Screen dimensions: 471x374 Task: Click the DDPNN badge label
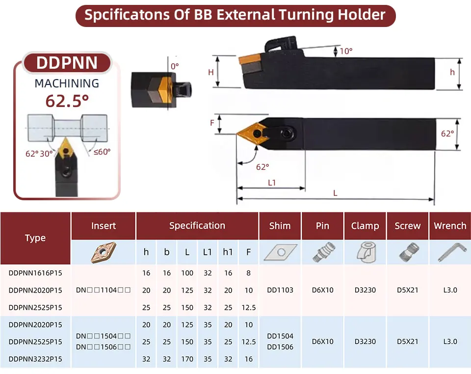tap(67, 63)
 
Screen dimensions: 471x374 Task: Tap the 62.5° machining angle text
tap(67, 101)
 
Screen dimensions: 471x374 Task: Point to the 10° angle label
tap(346, 51)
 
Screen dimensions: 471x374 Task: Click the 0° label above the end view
tap(175, 66)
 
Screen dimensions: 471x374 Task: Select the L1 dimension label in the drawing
tap(272, 183)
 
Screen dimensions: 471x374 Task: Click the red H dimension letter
tap(211, 73)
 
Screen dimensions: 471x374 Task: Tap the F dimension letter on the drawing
tap(212, 123)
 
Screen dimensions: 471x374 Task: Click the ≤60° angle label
tap(102, 152)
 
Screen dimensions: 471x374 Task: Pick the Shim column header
tap(280, 226)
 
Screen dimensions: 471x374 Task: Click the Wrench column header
tap(450, 226)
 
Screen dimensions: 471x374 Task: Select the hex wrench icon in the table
tap(452, 252)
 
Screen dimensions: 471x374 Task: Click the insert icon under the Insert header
tap(104, 252)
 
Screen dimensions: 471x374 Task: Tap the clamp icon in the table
tap(365, 252)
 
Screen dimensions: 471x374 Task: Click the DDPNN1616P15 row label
tap(35, 273)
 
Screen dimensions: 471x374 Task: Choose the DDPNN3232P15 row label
tap(35, 359)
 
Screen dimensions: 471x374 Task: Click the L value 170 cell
tap(187, 359)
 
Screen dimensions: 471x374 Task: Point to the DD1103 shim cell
tap(280, 290)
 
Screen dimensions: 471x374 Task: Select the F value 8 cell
tap(248, 273)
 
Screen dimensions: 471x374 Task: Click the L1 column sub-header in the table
tap(207, 252)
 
